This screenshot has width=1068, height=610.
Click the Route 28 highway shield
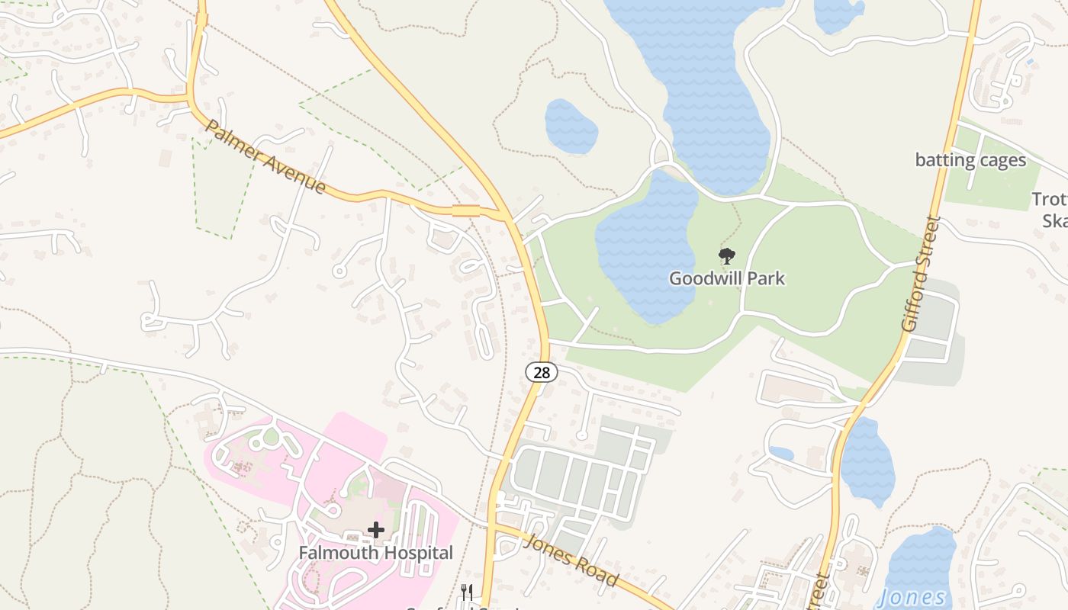(x=542, y=372)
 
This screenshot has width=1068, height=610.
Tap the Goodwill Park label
(x=726, y=278)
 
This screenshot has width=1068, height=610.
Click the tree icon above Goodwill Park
(x=727, y=256)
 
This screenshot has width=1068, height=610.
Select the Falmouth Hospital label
(x=375, y=552)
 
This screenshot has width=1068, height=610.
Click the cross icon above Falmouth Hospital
(x=375, y=529)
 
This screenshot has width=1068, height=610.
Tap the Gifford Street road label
(x=920, y=274)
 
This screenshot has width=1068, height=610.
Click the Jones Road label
(x=571, y=560)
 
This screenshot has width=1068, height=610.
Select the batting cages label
(x=970, y=160)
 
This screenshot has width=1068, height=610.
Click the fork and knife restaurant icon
(x=467, y=592)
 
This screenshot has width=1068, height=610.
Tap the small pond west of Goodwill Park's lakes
(x=571, y=126)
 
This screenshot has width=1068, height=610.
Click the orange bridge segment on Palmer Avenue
(x=465, y=210)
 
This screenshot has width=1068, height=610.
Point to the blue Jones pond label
(x=912, y=598)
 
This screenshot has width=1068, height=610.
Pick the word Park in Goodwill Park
(x=767, y=278)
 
